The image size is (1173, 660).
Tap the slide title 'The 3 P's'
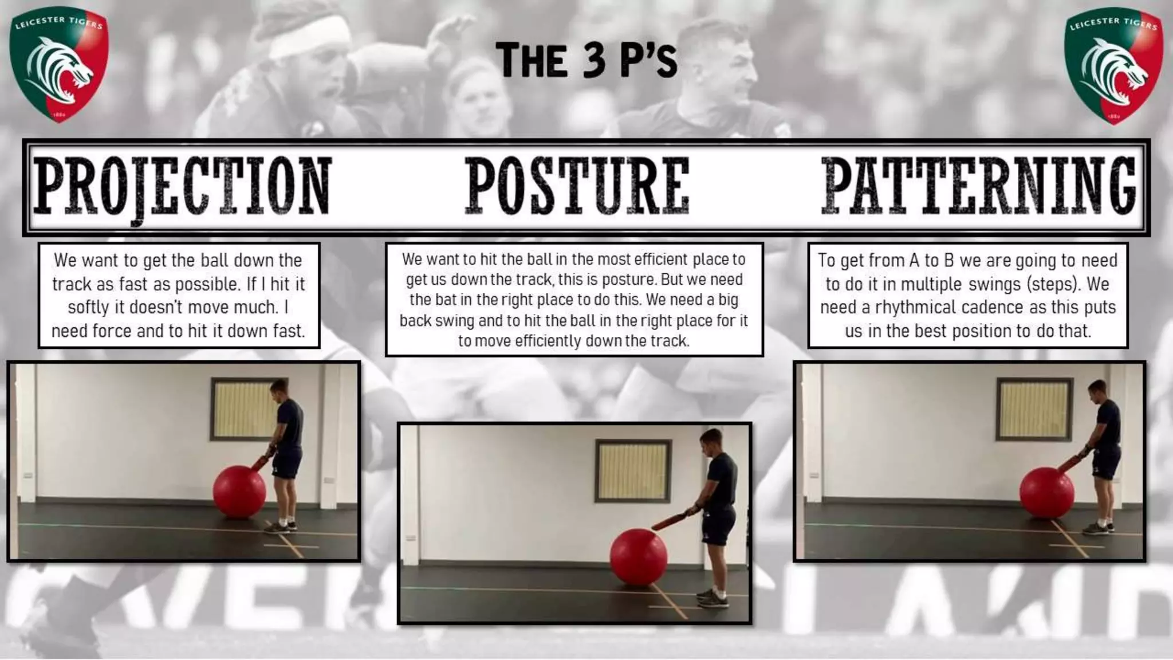click(x=586, y=60)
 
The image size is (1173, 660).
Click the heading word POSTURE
click(x=577, y=186)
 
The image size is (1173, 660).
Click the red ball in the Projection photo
click(x=239, y=492)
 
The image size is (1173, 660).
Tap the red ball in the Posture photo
click(x=639, y=556)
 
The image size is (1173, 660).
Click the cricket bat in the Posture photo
click(x=675, y=520)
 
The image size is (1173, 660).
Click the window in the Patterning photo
click(x=1034, y=408)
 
